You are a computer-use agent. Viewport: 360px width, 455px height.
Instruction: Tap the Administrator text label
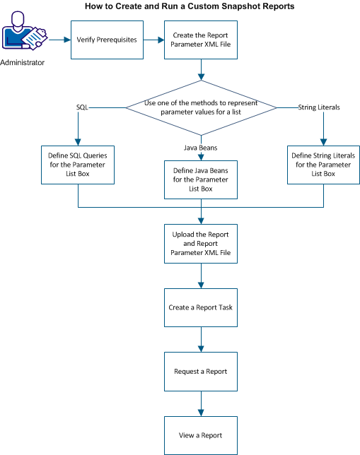(x=23, y=63)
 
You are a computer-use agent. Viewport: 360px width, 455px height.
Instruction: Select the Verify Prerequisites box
(x=107, y=40)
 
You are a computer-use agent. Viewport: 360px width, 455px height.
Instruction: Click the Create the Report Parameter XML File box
(x=202, y=40)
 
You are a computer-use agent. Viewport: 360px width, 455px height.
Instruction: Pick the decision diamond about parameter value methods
(x=202, y=107)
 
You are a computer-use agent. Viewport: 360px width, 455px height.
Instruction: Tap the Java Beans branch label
(x=202, y=147)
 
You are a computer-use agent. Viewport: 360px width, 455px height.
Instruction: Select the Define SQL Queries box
(x=78, y=165)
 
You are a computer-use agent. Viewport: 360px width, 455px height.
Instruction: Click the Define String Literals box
(x=323, y=165)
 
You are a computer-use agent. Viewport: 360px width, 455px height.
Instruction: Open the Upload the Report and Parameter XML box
(x=202, y=242)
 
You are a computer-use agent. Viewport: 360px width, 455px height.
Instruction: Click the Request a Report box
(x=202, y=371)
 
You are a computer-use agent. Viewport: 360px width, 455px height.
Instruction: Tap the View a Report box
(x=202, y=435)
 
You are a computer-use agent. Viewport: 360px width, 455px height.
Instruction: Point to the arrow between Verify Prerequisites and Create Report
(x=153, y=40)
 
